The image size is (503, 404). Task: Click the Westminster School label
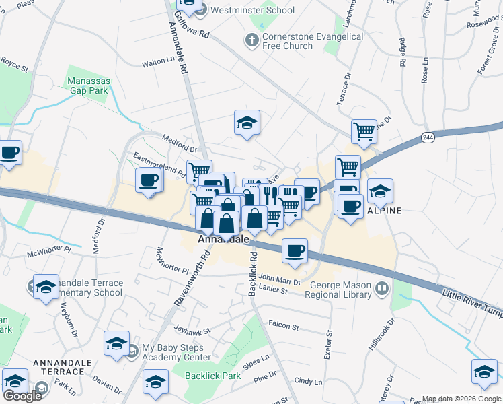[252, 10]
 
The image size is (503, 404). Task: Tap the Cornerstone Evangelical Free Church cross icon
[251, 40]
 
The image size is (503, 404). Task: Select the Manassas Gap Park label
[87, 86]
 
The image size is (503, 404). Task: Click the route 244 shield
[428, 137]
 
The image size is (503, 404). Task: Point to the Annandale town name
[223, 239]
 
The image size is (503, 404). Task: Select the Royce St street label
[14, 66]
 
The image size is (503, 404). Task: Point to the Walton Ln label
[157, 61]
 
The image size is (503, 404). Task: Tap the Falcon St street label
[283, 326]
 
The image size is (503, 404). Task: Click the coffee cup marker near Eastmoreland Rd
[149, 180]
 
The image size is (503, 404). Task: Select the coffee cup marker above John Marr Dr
[295, 251]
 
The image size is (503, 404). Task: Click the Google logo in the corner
[22, 396]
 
